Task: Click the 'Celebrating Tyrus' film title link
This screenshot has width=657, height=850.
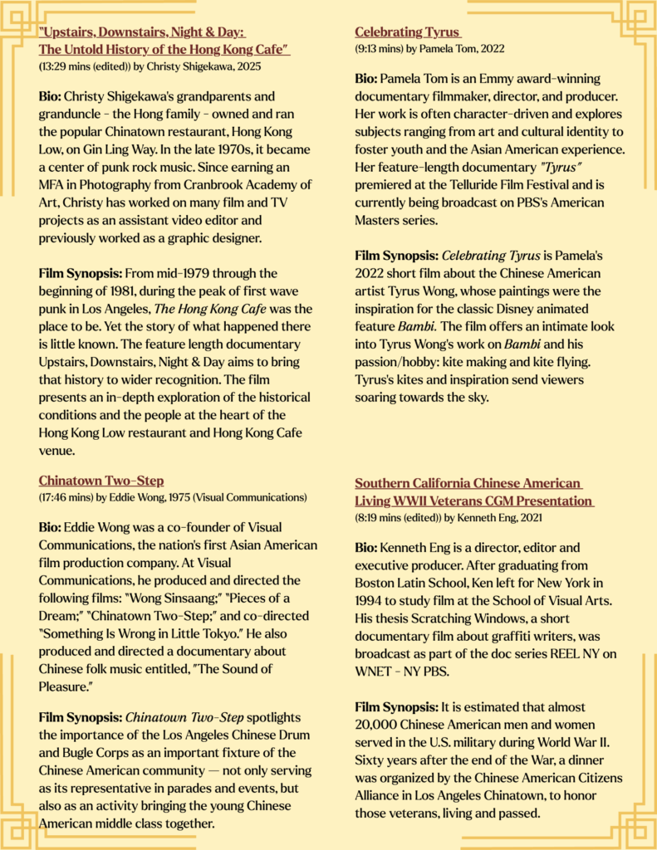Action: click(x=407, y=32)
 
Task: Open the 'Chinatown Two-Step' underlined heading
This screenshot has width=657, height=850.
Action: click(x=101, y=481)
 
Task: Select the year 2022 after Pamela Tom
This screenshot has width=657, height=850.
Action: click(x=490, y=49)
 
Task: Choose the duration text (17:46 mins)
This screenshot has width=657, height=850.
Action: click(x=64, y=497)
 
